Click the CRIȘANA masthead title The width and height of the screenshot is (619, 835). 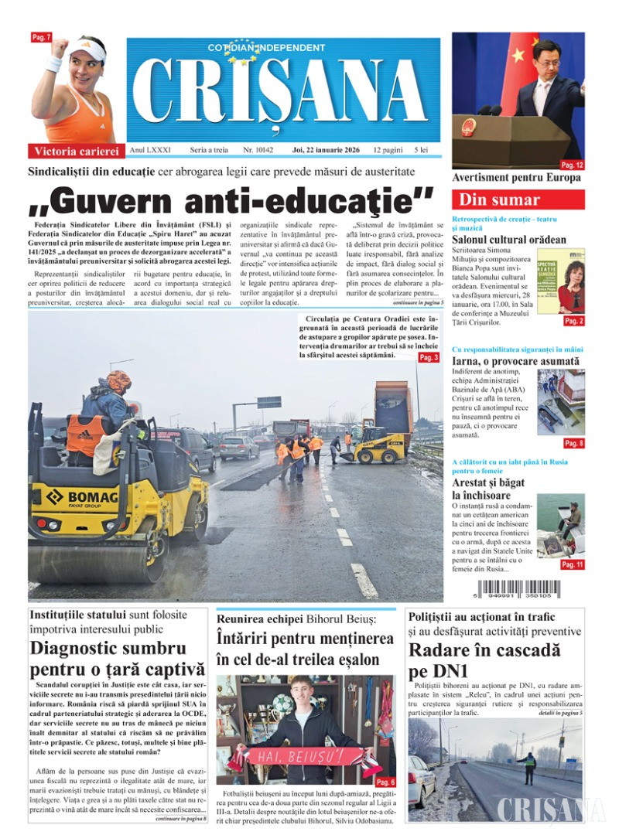point(282,90)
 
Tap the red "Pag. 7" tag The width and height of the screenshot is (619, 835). point(41,37)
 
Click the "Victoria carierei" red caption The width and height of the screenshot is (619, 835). point(76,151)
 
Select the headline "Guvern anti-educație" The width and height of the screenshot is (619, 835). point(231,201)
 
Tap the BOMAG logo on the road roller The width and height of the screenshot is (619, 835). point(80,496)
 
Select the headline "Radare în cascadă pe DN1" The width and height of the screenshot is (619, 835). point(484,660)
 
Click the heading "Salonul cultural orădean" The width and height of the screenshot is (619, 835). point(508,240)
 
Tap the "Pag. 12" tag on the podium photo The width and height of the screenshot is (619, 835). point(573,165)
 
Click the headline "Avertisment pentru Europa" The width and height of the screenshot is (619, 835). point(515,178)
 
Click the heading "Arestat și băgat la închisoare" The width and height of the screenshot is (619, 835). point(489,489)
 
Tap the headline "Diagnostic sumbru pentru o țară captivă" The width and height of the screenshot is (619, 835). point(117,659)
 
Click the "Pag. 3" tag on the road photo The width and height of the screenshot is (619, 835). point(429,358)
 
